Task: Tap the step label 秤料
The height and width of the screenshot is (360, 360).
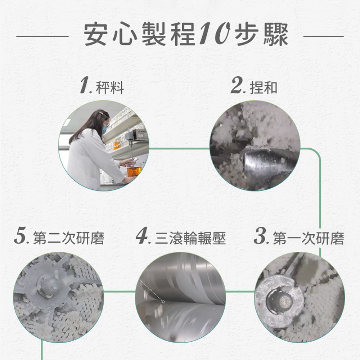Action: (x=110, y=87)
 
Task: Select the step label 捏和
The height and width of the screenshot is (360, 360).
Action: (x=264, y=87)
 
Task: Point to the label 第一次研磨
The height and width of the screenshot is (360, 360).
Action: (x=309, y=238)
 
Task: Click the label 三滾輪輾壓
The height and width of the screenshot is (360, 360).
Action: (x=190, y=238)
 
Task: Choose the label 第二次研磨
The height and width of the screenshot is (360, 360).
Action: (x=69, y=238)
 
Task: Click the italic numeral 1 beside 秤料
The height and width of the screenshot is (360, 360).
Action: (x=85, y=85)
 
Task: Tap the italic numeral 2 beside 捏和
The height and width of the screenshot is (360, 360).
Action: (x=237, y=85)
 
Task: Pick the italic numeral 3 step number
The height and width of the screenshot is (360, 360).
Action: (x=260, y=236)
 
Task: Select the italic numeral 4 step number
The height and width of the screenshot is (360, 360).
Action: (x=142, y=236)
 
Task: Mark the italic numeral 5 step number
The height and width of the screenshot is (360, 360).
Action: (x=20, y=236)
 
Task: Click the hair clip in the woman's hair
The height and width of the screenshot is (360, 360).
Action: (x=101, y=113)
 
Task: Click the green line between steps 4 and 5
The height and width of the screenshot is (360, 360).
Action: (x=120, y=292)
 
